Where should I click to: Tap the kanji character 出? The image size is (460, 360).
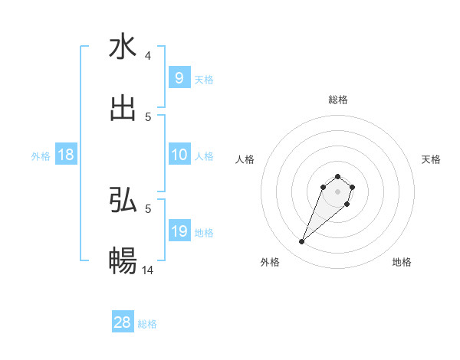123,108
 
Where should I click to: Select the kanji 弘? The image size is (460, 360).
123,200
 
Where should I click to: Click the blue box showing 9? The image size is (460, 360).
179,77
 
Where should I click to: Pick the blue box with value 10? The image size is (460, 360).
179,155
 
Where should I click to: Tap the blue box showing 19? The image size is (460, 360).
179,231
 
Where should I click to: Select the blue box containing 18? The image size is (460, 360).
66,155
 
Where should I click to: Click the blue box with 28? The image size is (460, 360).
123,322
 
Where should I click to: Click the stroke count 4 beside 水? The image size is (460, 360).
148,55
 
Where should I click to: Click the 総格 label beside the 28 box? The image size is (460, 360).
147,324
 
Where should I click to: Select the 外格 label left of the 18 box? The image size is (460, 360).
41,156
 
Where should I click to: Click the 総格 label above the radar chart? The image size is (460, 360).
337,100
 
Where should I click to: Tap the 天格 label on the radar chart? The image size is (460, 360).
432,159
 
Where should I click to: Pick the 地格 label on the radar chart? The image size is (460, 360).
402,262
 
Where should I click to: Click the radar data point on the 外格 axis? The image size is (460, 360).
301,242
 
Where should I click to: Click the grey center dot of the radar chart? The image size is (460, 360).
337,191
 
